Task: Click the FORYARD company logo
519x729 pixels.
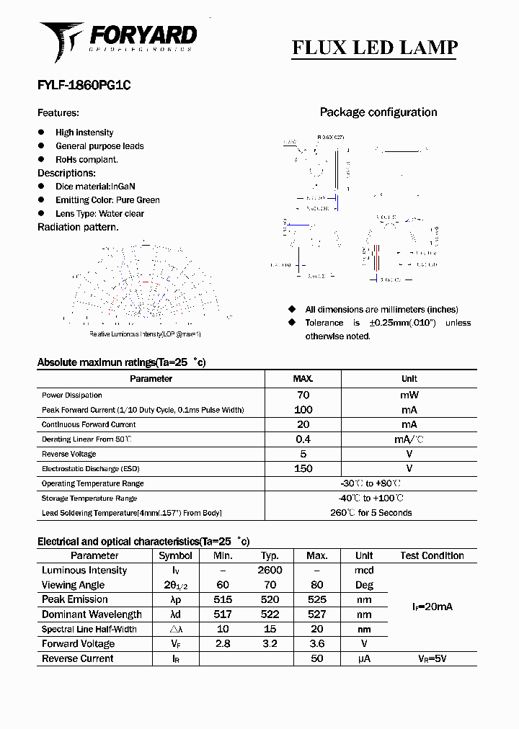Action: [118, 39]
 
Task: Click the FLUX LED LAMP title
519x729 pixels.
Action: [374, 48]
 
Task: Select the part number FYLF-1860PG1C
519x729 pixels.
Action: [84, 84]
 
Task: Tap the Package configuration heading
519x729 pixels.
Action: [378, 112]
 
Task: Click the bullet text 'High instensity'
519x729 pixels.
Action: [84, 133]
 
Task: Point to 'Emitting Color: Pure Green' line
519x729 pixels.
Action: [107, 200]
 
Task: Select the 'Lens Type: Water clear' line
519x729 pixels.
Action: [99, 214]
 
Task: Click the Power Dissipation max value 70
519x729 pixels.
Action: [303, 395]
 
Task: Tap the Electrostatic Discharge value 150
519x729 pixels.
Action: [303, 469]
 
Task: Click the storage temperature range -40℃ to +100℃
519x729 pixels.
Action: [371, 498]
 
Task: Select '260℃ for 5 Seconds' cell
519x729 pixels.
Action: [371, 513]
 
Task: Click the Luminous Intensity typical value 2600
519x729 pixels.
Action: [270, 571]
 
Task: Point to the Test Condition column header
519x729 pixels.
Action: [432, 556]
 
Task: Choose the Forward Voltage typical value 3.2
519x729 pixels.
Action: [270, 644]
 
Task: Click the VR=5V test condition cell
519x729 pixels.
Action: [432, 659]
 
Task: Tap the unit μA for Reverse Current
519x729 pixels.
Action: [364, 659]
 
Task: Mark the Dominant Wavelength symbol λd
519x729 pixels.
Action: [175, 614]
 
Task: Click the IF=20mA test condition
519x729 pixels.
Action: [432, 607]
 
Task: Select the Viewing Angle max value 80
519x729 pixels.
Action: [316, 586]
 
